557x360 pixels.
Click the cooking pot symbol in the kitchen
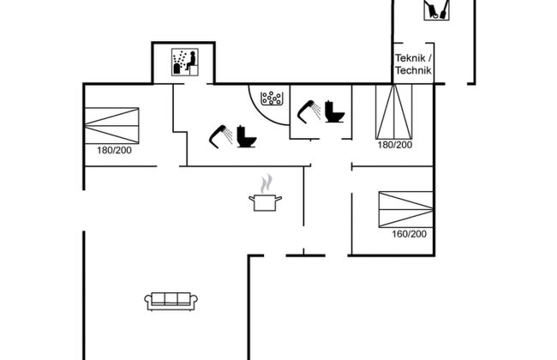265,201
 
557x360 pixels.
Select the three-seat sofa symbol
171,300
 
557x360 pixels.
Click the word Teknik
410,57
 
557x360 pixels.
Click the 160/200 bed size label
408,234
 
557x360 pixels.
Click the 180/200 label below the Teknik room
394,145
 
